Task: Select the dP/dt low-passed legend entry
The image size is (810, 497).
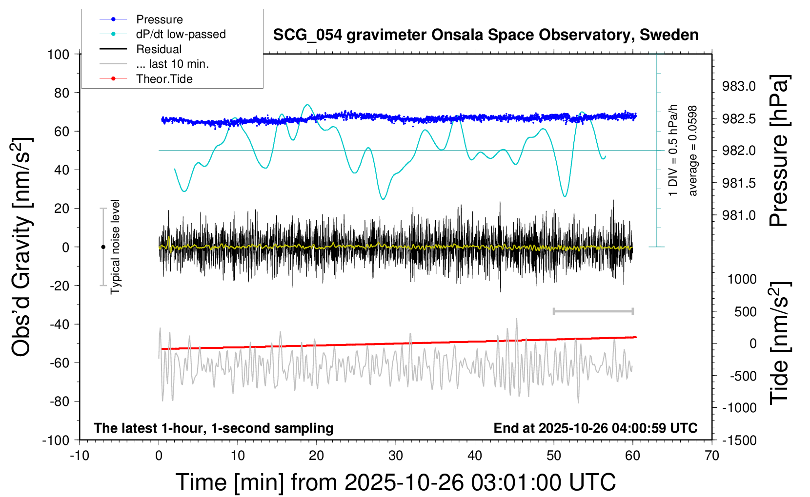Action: (x=181, y=34)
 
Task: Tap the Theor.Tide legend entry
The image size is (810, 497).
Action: (x=164, y=79)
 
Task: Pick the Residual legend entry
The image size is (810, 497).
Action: (x=159, y=49)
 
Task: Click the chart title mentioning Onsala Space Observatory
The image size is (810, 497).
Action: (x=486, y=35)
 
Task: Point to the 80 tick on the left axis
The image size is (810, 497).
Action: (x=61, y=93)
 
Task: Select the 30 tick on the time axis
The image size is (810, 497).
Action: (x=396, y=456)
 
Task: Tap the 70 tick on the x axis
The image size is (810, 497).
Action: (x=712, y=456)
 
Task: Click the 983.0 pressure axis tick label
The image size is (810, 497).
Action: (x=739, y=87)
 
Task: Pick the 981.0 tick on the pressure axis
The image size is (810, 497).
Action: (x=739, y=215)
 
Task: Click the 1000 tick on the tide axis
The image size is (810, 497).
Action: (x=742, y=279)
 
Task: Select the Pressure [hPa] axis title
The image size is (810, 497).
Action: (x=779, y=151)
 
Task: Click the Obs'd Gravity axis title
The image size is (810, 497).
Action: (x=21, y=247)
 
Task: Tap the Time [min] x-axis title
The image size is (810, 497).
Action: (x=395, y=482)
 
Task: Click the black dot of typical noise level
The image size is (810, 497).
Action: (x=103, y=247)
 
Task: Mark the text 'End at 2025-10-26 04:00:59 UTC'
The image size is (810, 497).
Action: (x=595, y=428)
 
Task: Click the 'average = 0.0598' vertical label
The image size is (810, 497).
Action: (x=693, y=151)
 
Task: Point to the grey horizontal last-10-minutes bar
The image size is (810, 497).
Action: (x=593, y=311)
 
